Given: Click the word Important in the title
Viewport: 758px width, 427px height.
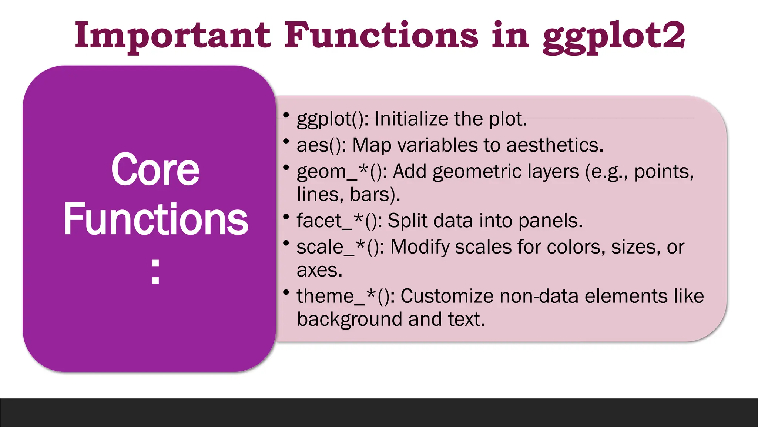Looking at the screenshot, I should click(172, 36).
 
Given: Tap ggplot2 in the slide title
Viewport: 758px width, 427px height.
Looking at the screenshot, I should click(614, 37).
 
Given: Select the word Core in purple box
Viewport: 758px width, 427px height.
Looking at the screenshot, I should click(155, 169).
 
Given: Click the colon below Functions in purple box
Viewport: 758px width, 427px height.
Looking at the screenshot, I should click(155, 272).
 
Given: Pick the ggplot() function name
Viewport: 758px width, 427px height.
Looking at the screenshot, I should click(332, 120).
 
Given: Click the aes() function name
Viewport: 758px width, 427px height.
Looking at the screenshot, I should click(321, 145).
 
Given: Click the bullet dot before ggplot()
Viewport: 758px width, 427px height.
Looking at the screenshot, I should click(286, 115).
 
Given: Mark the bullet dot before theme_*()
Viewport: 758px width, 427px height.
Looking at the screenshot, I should click(286, 292).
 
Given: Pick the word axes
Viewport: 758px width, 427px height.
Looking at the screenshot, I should click(319, 271).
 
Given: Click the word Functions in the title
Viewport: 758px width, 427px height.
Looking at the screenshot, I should click(381, 36).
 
